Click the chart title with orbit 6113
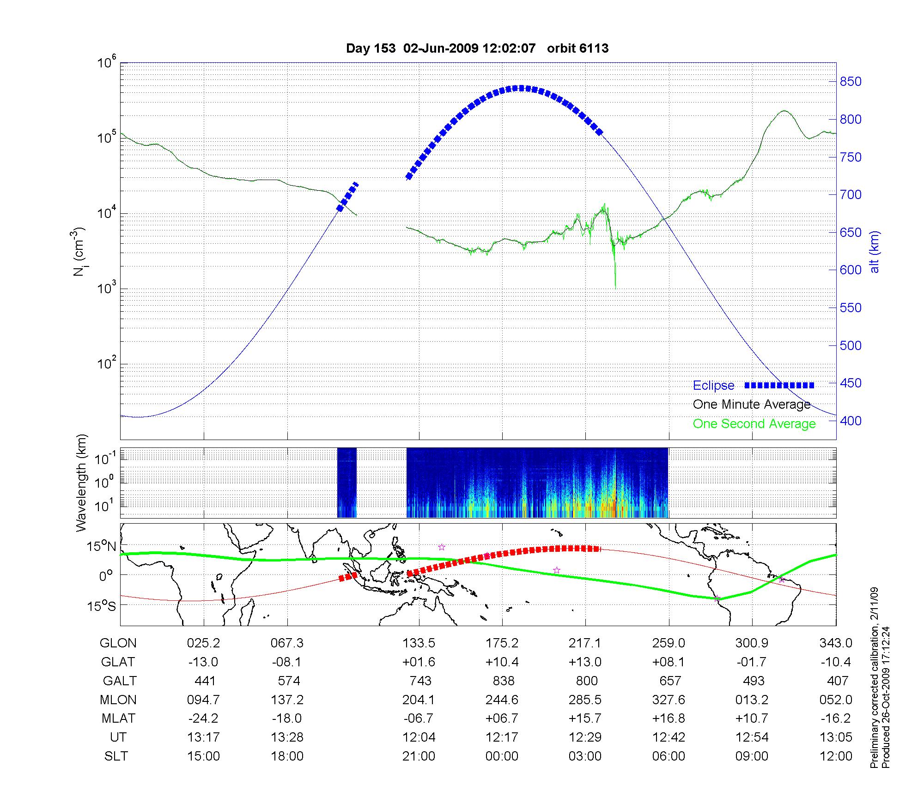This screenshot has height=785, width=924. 477,48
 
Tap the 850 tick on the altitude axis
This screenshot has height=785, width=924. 851,82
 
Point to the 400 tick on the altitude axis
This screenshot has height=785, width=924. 851,421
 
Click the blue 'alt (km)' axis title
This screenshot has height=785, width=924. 875,252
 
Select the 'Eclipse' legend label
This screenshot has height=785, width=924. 713,386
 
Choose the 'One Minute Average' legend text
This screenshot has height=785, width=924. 752,405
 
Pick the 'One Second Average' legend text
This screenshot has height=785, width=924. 754,424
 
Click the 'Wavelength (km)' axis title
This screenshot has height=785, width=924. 82,483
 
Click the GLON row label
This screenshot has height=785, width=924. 118,643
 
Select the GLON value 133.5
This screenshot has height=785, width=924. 419,643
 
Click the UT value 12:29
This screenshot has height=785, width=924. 585,737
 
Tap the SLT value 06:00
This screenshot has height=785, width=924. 669,756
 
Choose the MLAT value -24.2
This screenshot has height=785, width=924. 203,719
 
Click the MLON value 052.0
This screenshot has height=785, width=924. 836,700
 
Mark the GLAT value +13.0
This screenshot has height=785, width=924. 585,662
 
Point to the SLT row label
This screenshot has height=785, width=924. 116,756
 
